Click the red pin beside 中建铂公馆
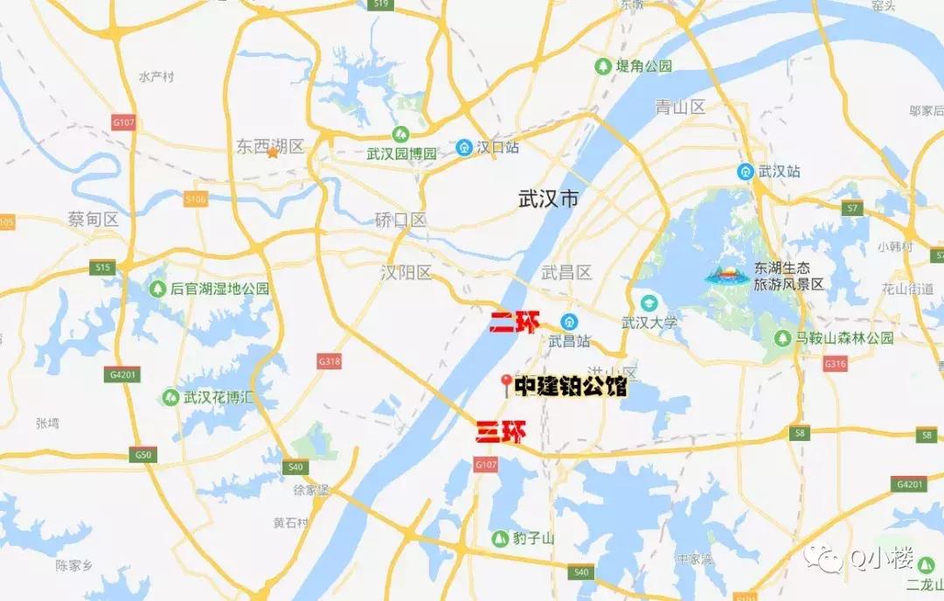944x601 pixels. point(505,384)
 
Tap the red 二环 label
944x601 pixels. point(515,322)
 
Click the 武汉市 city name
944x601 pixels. point(548,199)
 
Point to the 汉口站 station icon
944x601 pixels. point(464,148)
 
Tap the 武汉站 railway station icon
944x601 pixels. point(746,171)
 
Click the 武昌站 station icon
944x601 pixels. point(569,321)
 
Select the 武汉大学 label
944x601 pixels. point(649,323)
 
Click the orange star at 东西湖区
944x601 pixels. point(273,153)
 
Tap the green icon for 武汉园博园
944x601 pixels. point(400,134)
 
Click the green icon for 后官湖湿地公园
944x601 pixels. point(157,288)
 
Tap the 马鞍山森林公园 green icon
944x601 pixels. point(782,338)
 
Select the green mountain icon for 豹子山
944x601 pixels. point(499,538)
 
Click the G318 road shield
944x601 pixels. point(330,360)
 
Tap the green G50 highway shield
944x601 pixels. point(143,455)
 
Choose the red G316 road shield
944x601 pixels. point(836,364)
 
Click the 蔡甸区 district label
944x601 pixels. point(94,219)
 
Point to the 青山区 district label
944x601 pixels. point(680,108)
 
